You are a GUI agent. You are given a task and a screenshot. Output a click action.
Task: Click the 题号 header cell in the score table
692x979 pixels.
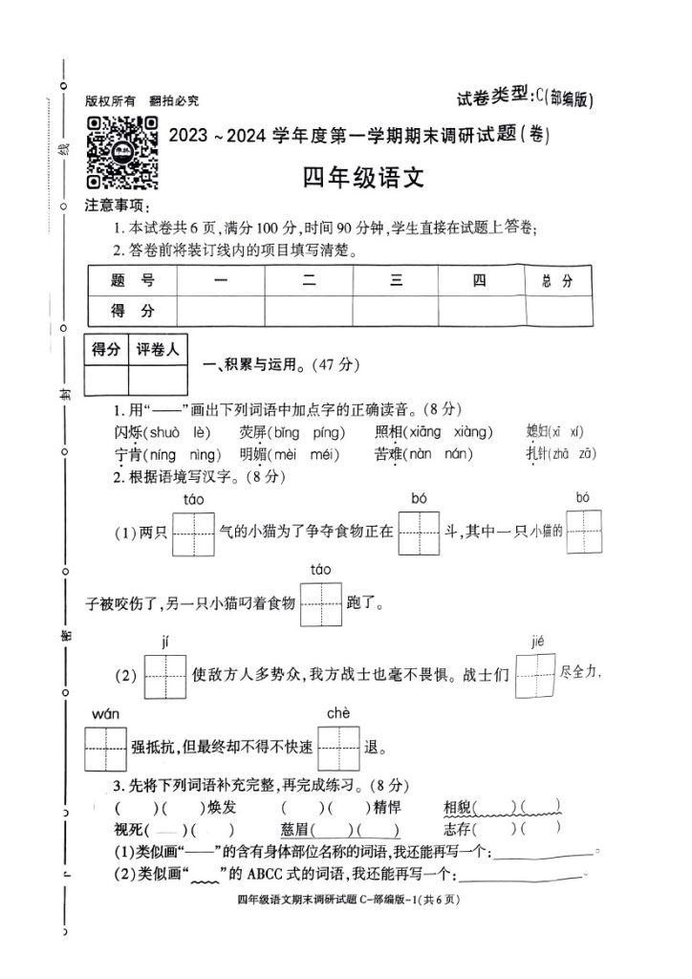pos(131,281)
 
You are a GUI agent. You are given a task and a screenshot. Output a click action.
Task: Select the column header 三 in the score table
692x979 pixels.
pos(395,281)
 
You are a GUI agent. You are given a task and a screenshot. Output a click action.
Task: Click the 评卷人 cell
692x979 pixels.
pos(158,351)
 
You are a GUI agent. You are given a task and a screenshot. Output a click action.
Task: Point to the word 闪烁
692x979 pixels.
pos(128,432)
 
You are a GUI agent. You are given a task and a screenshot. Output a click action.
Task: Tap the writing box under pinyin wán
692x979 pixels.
pos(106,750)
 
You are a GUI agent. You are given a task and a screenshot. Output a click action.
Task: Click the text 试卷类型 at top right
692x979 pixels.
pos(492,96)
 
